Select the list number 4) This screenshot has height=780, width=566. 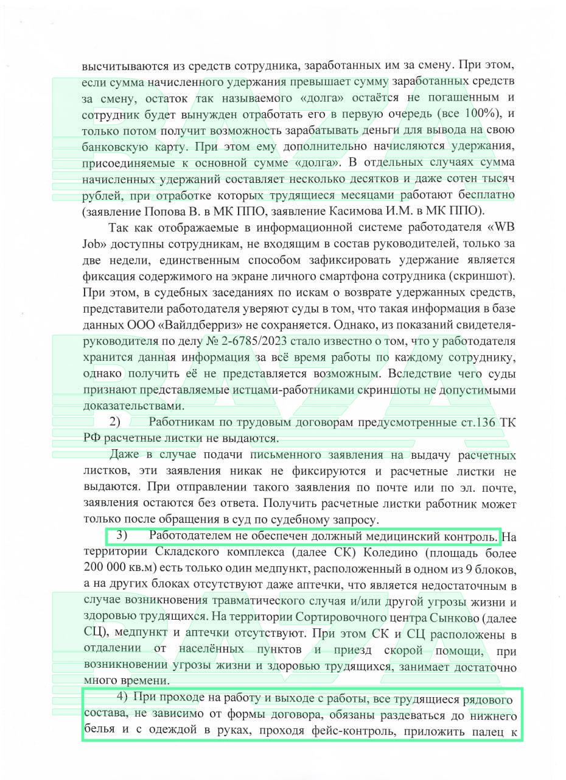click(122, 697)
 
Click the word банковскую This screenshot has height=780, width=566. click(113, 146)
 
